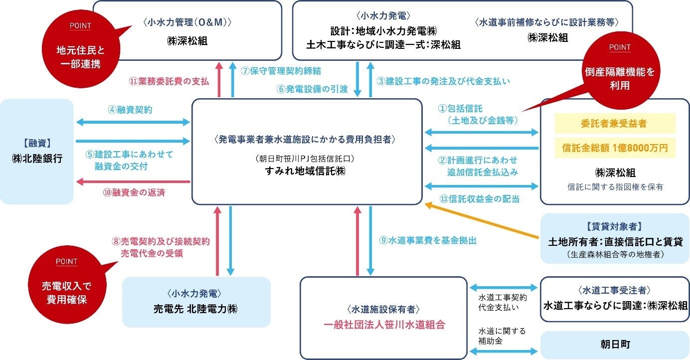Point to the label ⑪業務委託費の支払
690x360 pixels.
tap(169, 81)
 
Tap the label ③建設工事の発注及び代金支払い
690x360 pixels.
tap(443, 81)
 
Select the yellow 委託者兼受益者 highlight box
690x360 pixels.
tap(614, 123)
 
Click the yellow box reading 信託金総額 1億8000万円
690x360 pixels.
tap(614, 148)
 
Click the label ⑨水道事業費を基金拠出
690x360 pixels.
tap(427, 240)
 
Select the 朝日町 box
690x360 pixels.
tap(614, 344)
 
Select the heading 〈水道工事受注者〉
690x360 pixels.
tap(614, 290)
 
